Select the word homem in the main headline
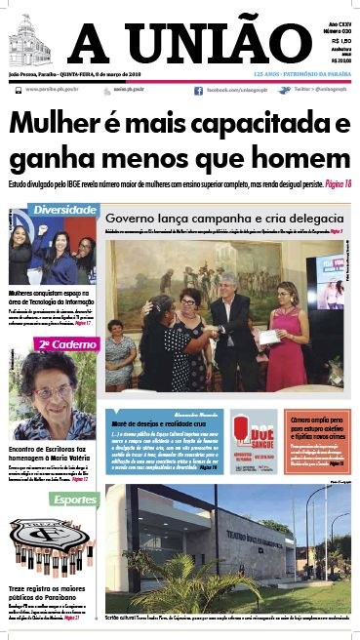[297, 158]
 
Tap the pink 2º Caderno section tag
[60, 343]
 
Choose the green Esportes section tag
[74, 500]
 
